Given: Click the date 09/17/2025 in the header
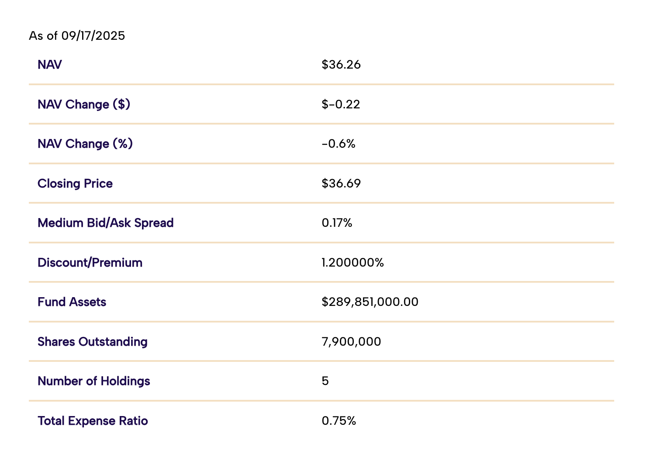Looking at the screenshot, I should (x=93, y=36).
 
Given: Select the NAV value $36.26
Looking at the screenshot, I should (x=341, y=65).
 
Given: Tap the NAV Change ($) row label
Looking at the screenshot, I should (x=84, y=104).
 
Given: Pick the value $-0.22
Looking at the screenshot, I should (x=341, y=104).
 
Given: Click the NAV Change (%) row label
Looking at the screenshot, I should (x=85, y=144).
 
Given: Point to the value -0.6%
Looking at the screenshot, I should (x=339, y=144).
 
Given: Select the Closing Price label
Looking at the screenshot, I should (x=75, y=184).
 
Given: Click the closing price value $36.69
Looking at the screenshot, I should (x=341, y=184).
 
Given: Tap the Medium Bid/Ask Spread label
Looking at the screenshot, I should (x=106, y=223).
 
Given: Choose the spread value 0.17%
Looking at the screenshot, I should (x=337, y=223).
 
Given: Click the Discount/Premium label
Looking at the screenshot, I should (x=90, y=263).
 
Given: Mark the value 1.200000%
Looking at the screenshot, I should (x=353, y=263).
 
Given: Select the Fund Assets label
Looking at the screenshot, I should (x=72, y=302).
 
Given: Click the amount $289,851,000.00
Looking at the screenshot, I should (x=370, y=302).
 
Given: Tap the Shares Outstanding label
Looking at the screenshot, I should (x=93, y=342).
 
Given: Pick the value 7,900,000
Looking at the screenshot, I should (x=351, y=342).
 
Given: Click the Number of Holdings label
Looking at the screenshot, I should (x=94, y=381).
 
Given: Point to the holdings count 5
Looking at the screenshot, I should (x=325, y=381).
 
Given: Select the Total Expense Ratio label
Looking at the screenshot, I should (x=93, y=421).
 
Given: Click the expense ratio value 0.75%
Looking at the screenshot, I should (x=339, y=421).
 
